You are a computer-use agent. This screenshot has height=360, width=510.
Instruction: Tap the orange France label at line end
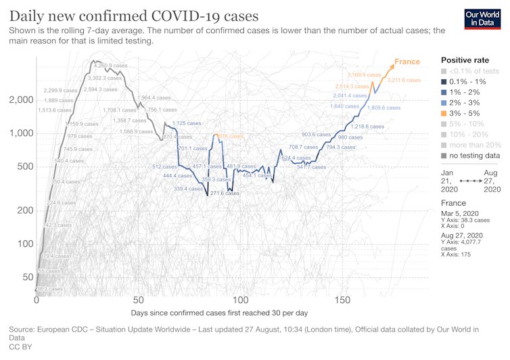pos(407,62)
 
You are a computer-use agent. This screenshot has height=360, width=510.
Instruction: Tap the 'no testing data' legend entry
pos(469,155)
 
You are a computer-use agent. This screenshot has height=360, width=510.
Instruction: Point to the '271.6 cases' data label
pos(225,194)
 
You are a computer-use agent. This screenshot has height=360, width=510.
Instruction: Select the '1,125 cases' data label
pos(187,123)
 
